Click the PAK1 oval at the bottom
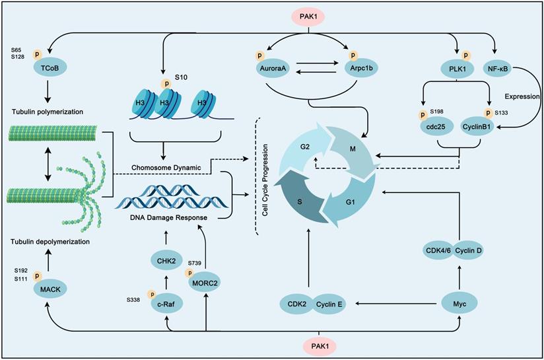tap(320, 345)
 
